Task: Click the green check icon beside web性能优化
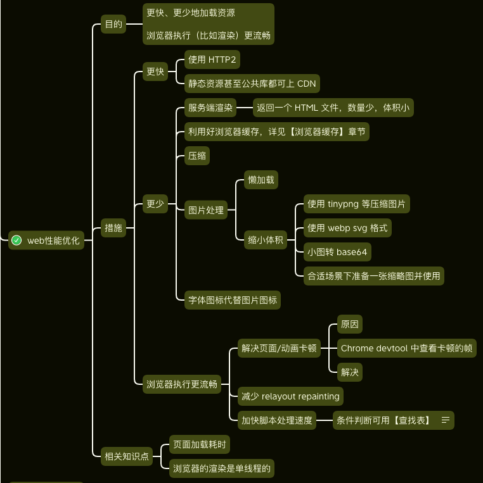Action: coord(17,241)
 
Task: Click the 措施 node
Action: coord(113,228)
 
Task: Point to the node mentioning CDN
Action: coord(252,84)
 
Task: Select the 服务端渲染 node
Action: coord(210,108)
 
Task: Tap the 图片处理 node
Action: coord(206,210)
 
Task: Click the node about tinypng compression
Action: coord(357,204)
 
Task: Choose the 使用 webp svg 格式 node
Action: coord(347,228)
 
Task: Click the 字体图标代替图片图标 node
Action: coord(233,301)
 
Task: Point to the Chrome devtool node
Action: coord(406,348)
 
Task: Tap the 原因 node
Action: coord(350,324)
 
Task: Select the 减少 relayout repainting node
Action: coord(290,396)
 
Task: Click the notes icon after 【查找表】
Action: coord(446,420)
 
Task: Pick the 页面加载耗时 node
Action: coord(200,444)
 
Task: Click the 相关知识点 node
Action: coord(127,456)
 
